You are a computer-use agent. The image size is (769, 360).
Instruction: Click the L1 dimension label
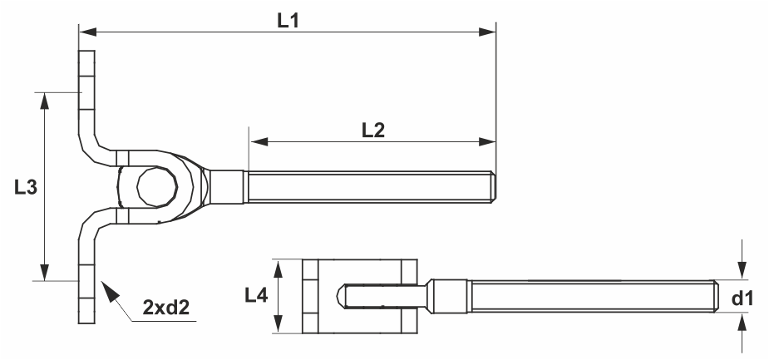tap(288, 21)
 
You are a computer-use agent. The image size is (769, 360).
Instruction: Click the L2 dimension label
tap(373, 131)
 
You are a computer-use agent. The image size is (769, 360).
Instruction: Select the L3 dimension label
tap(26, 187)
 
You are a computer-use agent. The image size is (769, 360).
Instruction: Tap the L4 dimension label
tap(256, 295)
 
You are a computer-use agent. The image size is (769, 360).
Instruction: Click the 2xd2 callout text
tap(165, 308)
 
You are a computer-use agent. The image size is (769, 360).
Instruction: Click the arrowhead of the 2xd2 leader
tap(110, 291)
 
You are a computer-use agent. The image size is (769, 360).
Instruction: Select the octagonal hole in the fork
tap(157, 186)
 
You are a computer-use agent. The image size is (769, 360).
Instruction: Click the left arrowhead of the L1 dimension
tap(87, 32)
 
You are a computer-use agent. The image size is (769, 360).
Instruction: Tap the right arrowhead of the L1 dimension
tap(487, 32)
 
